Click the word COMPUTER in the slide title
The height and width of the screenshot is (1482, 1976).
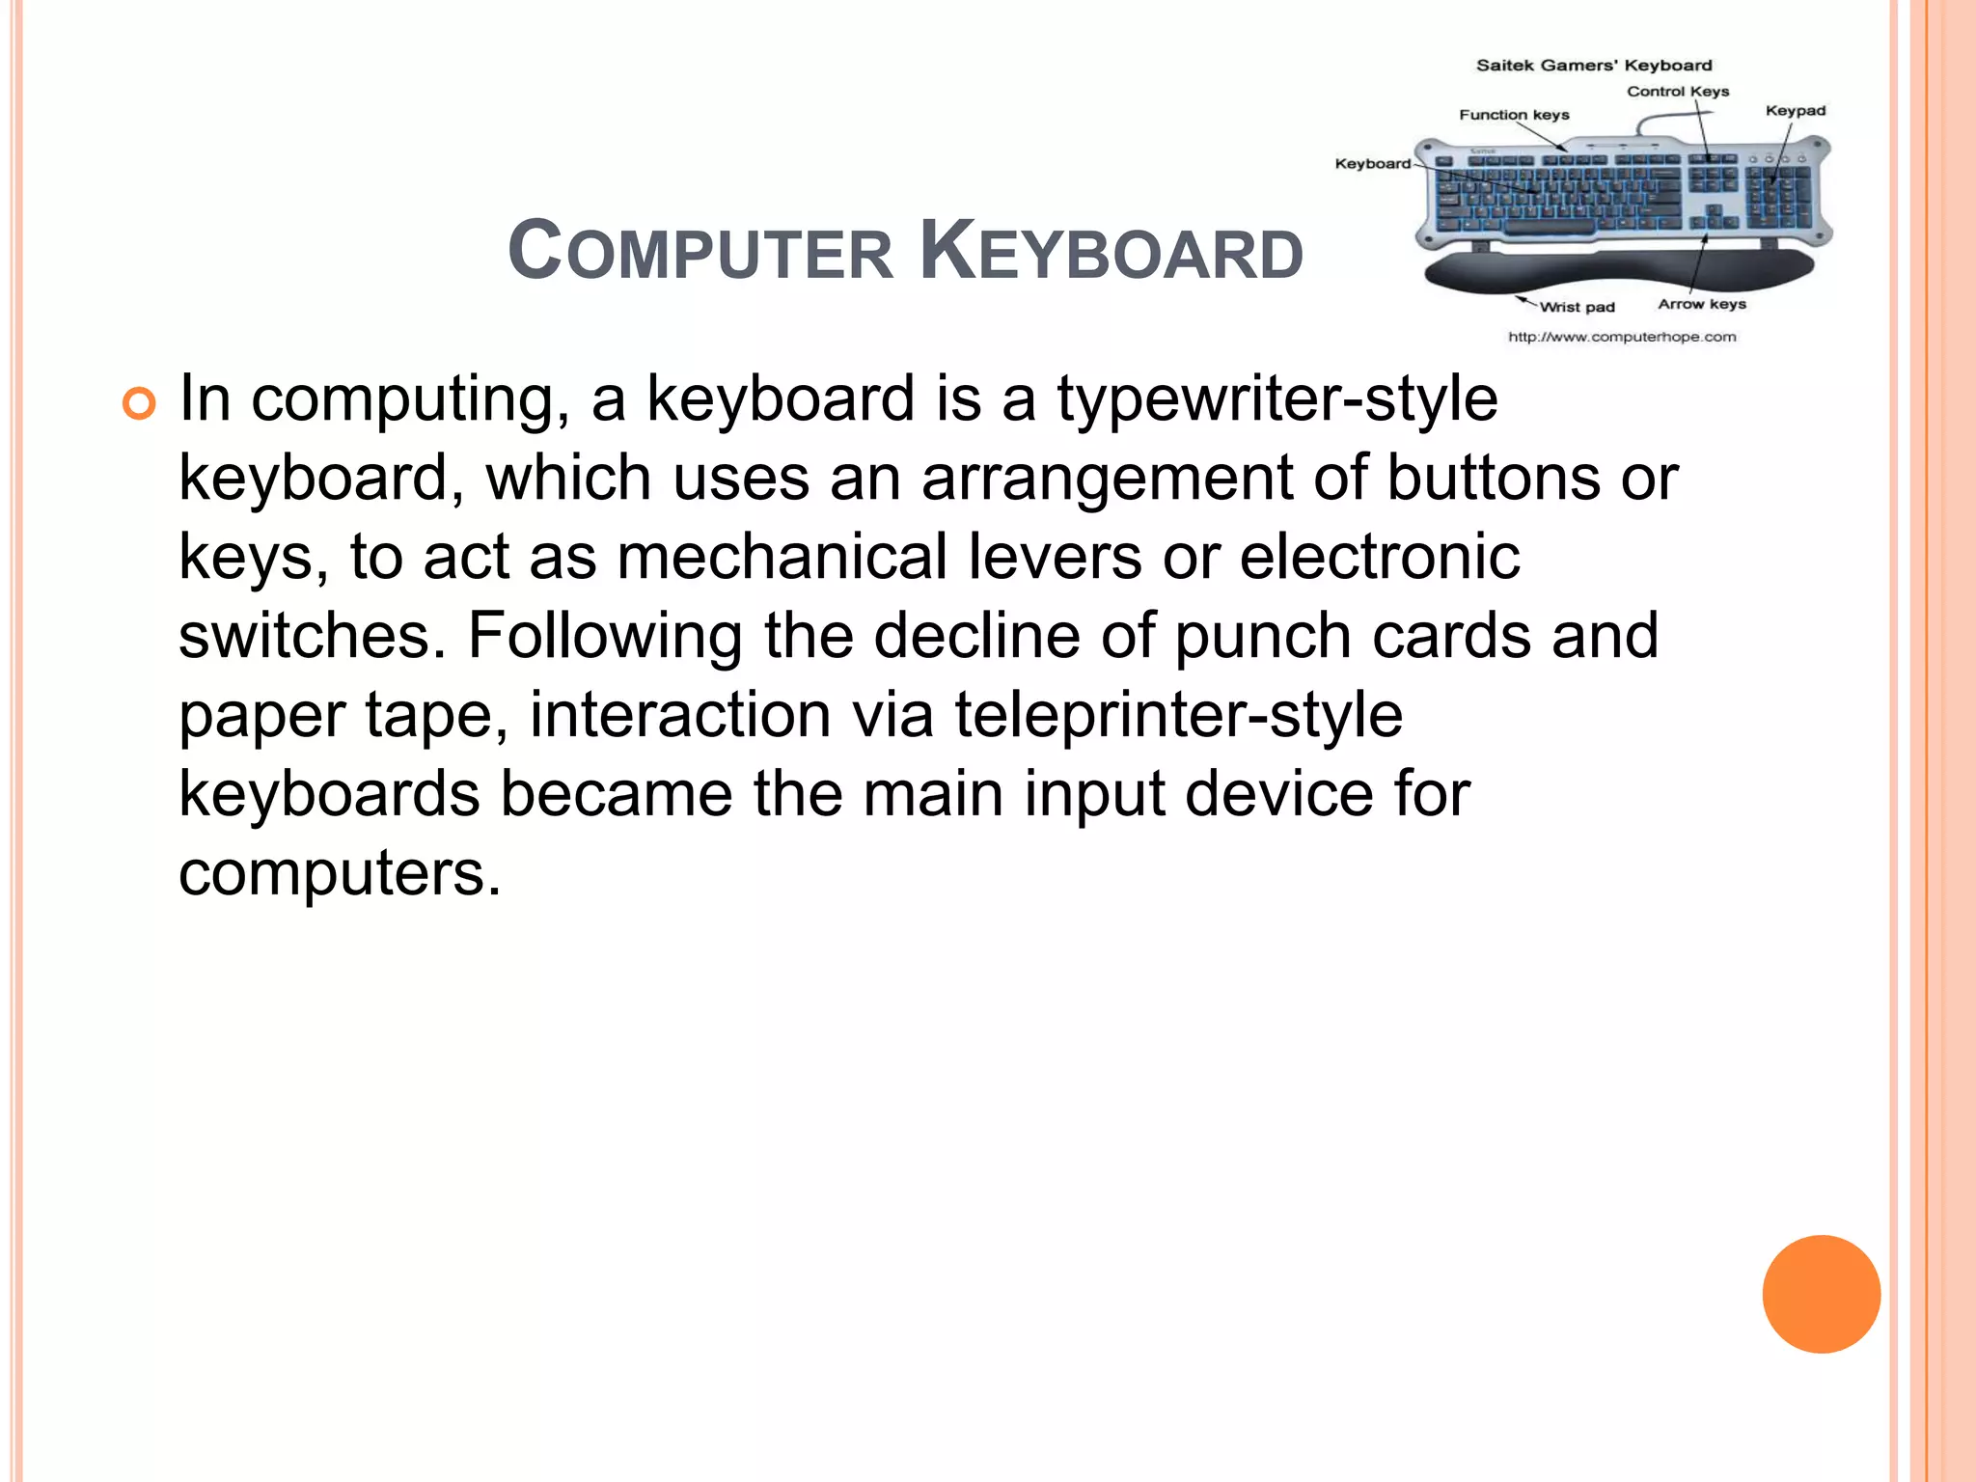click(700, 253)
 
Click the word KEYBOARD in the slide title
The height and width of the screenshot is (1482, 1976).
click(1111, 253)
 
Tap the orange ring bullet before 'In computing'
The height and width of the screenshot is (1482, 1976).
click(139, 403)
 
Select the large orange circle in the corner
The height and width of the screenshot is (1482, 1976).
click(1821, 1294)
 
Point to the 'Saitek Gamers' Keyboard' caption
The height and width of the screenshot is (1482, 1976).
click(1594, 66)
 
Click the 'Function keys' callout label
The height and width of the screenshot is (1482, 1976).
click(1514, 115)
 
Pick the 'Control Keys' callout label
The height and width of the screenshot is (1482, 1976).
click(1678, 92)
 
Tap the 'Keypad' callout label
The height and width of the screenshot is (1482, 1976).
click(1796, 111)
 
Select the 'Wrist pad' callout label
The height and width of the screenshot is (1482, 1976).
click(1577, 307)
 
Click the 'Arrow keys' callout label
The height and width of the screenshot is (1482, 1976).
click(1702, 304)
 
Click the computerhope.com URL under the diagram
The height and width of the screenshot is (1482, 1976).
click(1622, 337)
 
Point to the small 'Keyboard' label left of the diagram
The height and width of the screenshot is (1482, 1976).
click(1372, 164)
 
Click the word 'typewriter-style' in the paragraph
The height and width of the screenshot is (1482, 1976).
click(1277, 399)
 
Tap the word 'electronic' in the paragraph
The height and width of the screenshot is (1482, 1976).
click(1380, 558)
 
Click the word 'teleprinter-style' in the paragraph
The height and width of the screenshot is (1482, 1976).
click(1178, 716)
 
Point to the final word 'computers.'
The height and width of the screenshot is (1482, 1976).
click(340, 874)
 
